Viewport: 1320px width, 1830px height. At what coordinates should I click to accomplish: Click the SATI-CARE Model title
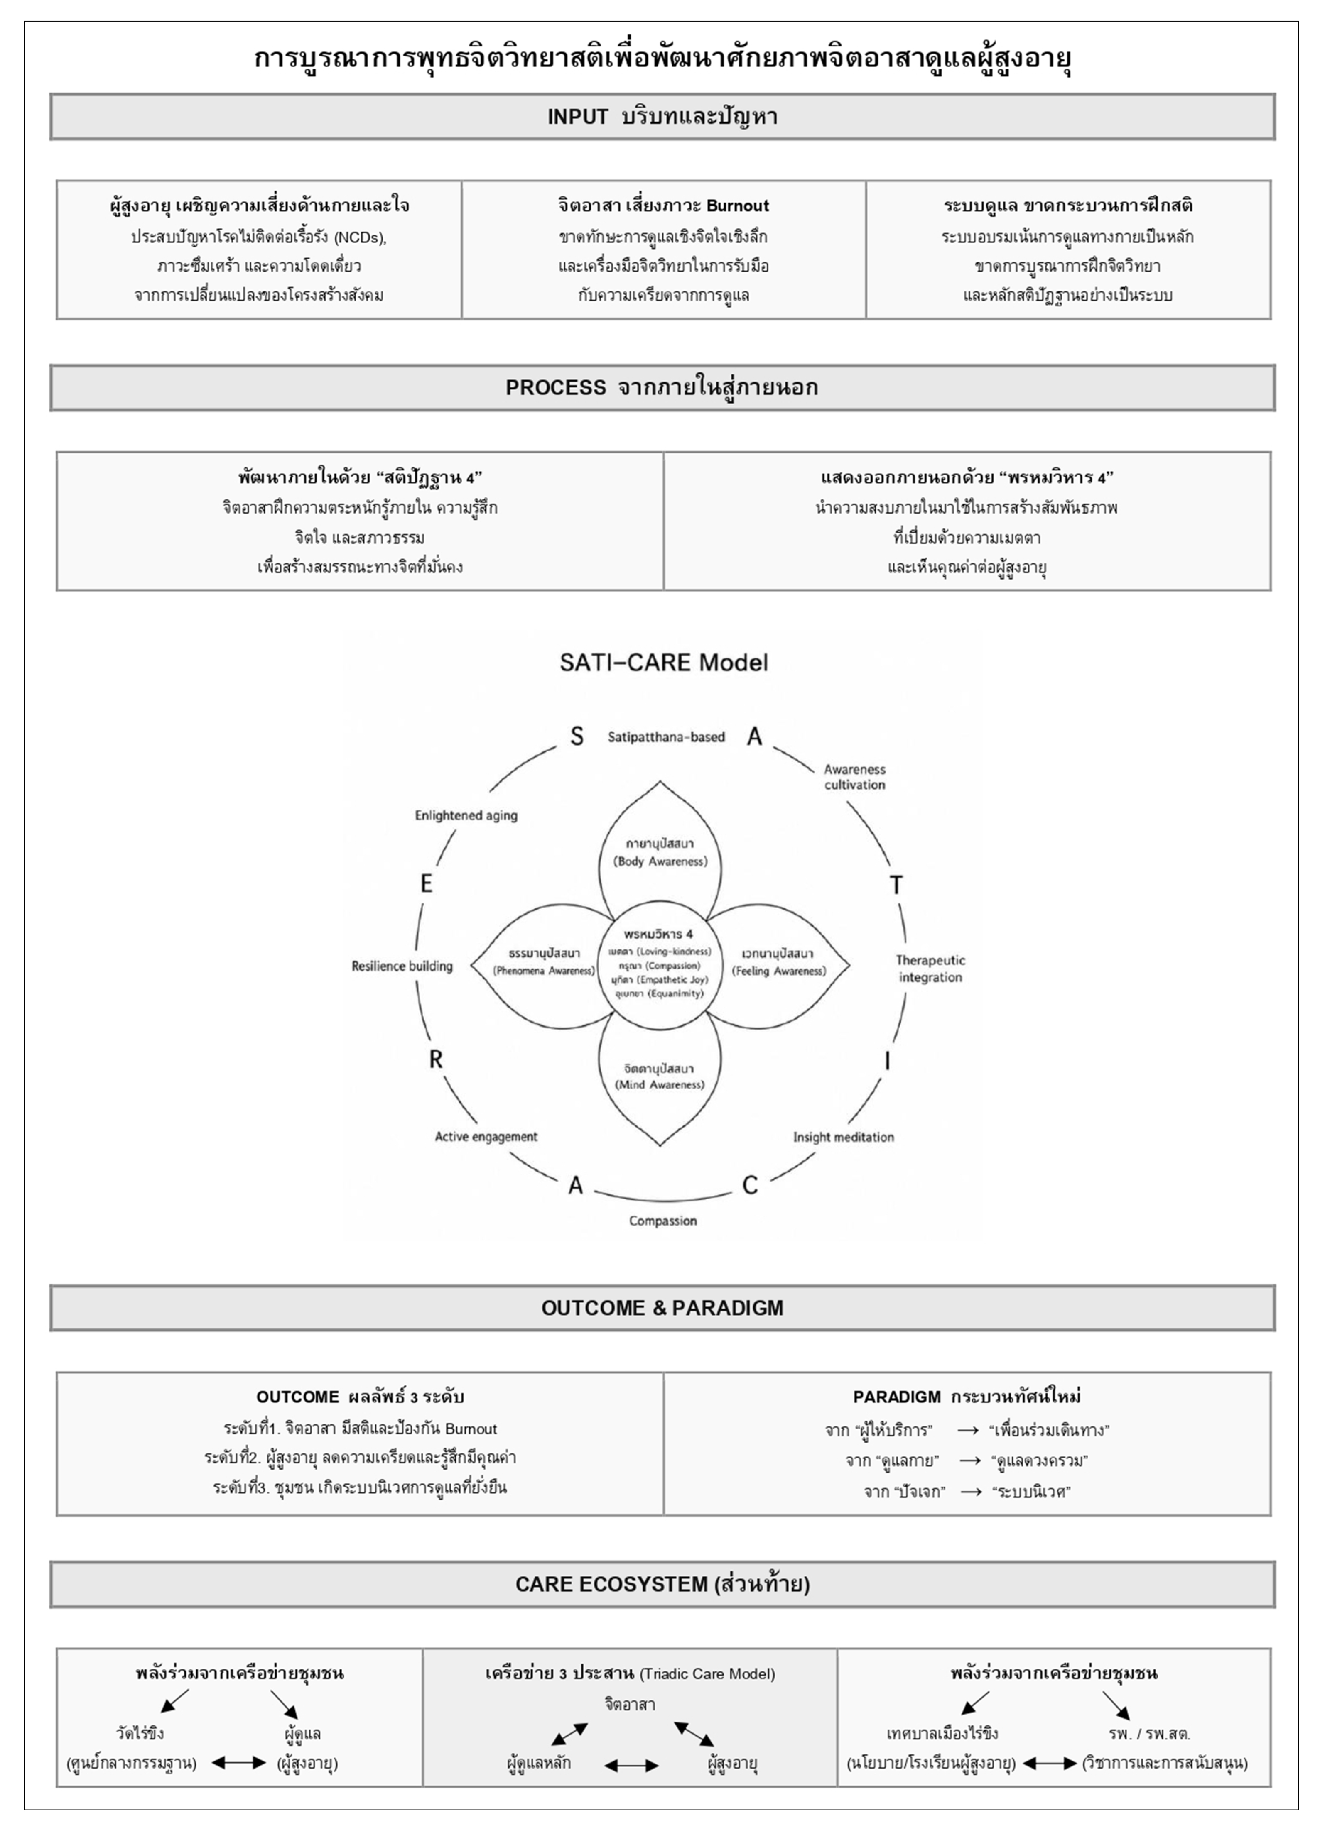pos(664,663)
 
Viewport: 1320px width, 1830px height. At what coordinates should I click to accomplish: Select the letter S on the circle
pos(577,736)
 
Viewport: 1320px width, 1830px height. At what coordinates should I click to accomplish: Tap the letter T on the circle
pos(896,885)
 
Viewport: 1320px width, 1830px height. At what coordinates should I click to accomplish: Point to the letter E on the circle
pos(426,883)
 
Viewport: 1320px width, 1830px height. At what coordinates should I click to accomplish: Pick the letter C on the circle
pos(750,1184)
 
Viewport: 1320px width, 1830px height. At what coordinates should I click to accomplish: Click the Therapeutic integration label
pos(930,968)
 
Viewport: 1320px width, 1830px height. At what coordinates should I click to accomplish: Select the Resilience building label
pos(402,966)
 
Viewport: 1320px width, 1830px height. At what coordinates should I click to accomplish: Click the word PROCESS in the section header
pos(555,387)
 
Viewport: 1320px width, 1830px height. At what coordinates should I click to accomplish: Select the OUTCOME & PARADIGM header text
pos(662,1308)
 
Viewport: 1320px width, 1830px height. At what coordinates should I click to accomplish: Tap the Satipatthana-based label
pos(666,736)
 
